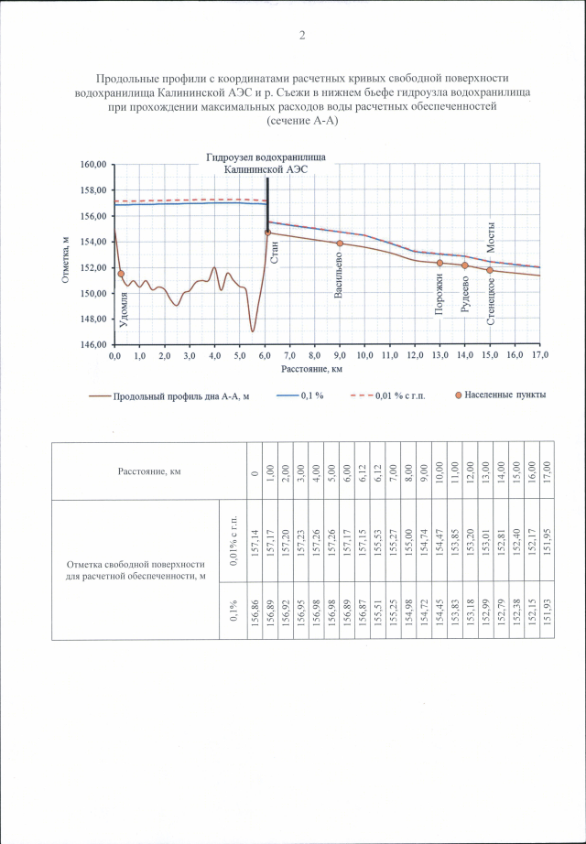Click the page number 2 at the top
pos(301,36)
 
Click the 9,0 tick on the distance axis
pos(340,354)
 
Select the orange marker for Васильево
pos(340,243)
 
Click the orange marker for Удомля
pos(121,274)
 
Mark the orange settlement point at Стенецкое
pos(490,270)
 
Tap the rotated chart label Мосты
pos(491,239)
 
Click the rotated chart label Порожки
pos(440,298)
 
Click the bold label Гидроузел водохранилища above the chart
pos(266,157)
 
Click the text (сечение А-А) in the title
pos(301,120)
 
